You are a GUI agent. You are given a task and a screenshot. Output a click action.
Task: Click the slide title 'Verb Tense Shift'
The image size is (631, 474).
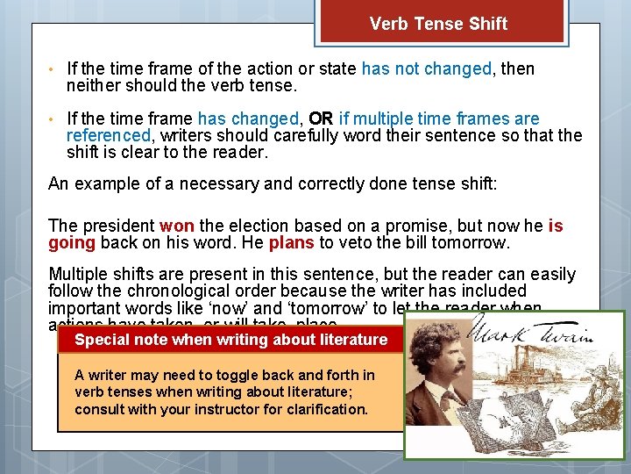pos(438,24)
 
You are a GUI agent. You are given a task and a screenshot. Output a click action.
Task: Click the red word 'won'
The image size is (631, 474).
pos(177,226)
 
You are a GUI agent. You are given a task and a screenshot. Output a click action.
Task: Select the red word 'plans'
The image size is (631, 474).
pos(291,243)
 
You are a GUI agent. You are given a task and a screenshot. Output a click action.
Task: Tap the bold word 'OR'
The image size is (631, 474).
pos(320,118)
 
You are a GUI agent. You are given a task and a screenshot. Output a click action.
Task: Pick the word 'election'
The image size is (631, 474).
pos(256,226)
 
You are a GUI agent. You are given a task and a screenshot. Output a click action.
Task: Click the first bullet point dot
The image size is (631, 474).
pos(53,69)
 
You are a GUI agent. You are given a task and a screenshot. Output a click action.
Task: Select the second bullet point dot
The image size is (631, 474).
pos(53,119)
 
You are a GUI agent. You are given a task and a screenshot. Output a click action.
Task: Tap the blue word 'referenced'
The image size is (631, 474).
pos(109,135)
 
